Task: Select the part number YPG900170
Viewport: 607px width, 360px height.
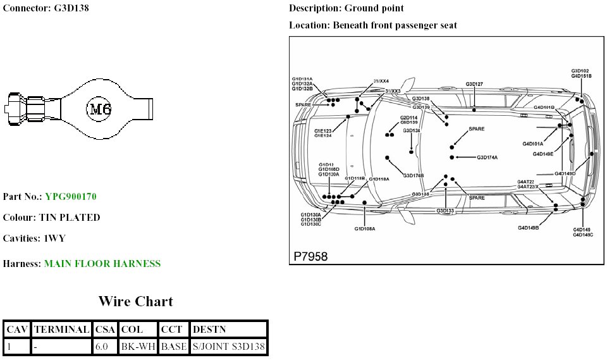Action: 70,197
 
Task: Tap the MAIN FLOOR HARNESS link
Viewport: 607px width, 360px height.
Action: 102,264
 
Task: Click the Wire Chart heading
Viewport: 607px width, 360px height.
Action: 135,301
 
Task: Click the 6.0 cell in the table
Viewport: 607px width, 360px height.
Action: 101,347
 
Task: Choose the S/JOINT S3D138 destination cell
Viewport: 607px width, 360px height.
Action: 228,347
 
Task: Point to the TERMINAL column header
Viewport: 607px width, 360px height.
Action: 61,330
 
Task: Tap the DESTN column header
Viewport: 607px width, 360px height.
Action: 209,330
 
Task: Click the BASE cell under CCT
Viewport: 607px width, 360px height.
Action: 173,347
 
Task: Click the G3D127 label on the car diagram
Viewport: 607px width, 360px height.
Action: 474,84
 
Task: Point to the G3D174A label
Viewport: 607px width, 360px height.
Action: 487,158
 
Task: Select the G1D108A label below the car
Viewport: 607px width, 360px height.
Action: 365,228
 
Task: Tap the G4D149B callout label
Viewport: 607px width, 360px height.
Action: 528,228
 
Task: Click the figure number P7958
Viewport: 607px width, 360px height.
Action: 310,256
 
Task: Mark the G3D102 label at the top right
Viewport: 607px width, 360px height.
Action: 580,71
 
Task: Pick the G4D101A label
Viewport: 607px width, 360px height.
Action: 532,144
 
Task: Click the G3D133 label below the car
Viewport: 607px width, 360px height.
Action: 445,211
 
